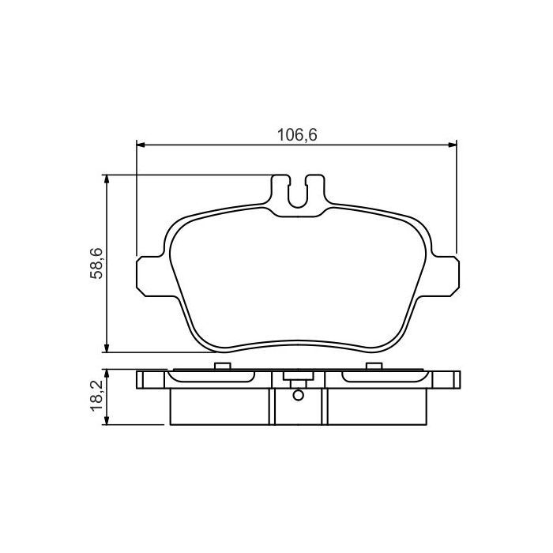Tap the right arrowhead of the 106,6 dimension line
[452, 145]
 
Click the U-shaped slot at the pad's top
[297, 194]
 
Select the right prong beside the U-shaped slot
[314, 190]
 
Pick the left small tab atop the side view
[222, 366]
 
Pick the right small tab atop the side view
[373, 366]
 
